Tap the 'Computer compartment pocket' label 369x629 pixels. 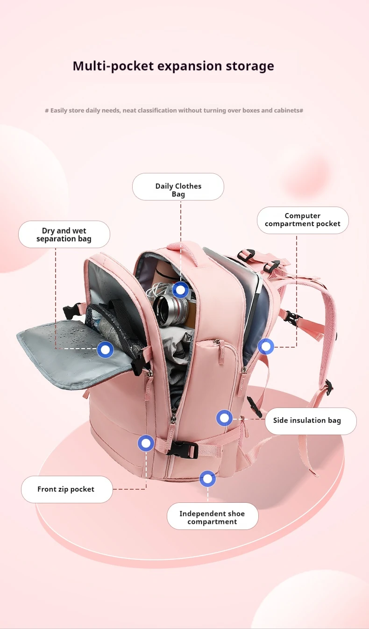click(x=303, y=220)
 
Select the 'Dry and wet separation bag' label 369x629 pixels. click(x=64, y=235)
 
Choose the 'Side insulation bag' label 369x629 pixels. click(x=307, y=421)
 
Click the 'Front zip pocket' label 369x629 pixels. click(x=66, y=489)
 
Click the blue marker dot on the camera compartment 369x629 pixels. click(x=180, y=290)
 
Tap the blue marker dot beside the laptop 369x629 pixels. click(x=266, y=347)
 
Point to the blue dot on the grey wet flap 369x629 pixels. click(x=105, y=350)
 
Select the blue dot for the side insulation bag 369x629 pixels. click(x=225, y=418)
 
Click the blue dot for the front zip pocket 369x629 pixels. click(x=146, y=443)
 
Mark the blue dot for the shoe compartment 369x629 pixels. click(x=207, y=479)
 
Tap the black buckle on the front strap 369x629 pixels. click(x=182, y=449)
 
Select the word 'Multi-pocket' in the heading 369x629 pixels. click(x=113, y=66)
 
